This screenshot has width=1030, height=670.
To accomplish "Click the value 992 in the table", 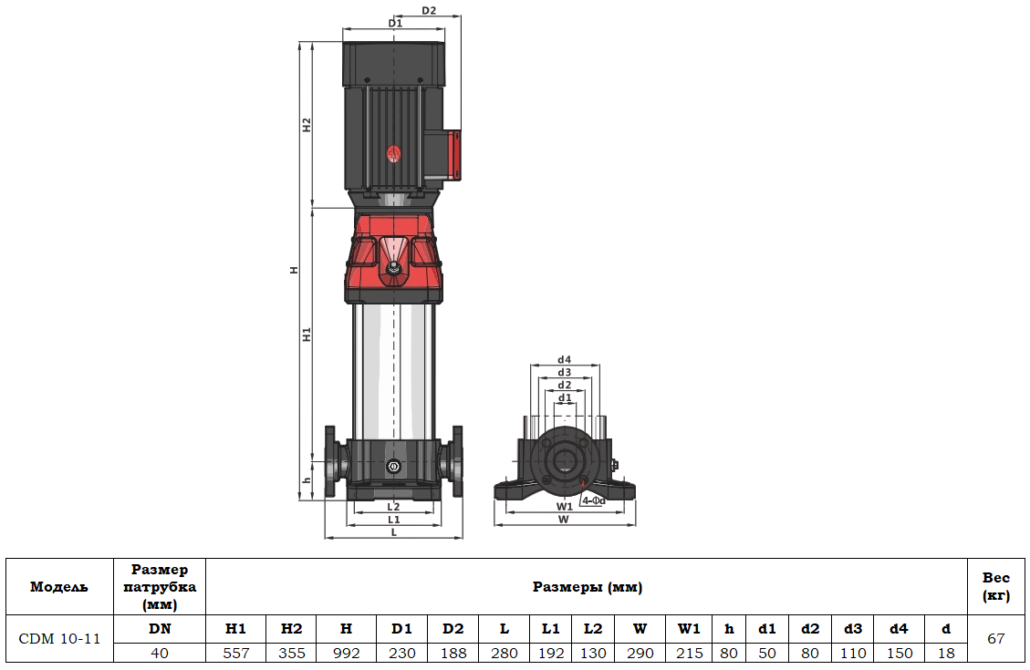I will pos(346,653).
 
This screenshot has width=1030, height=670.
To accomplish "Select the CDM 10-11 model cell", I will pos(59,638).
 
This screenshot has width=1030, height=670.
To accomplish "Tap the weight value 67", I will pos(996,638).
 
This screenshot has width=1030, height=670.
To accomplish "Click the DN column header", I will pos(160,628).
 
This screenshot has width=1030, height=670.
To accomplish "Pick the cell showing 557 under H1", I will pos(235,653).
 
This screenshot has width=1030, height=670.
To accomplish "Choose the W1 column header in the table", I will pos(689,628).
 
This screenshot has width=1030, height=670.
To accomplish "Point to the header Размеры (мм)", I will pos(587,587).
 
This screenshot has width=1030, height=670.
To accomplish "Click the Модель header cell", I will pos(59,587).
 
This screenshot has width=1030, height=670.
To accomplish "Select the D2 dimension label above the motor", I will pos(429,11).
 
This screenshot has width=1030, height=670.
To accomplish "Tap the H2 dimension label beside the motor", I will pos(307,125).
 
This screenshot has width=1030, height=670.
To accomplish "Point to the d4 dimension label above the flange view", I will pos(565,359).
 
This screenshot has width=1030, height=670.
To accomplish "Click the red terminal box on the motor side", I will pos(453,153).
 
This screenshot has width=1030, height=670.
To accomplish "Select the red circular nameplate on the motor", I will pos(394,154).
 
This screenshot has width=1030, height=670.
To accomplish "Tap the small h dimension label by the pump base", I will pos(307,480).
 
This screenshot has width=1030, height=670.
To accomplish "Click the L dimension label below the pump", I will pos(393,531).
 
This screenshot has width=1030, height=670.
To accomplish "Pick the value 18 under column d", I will pos(946,653).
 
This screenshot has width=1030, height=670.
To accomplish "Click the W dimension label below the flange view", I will pos(564,519).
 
